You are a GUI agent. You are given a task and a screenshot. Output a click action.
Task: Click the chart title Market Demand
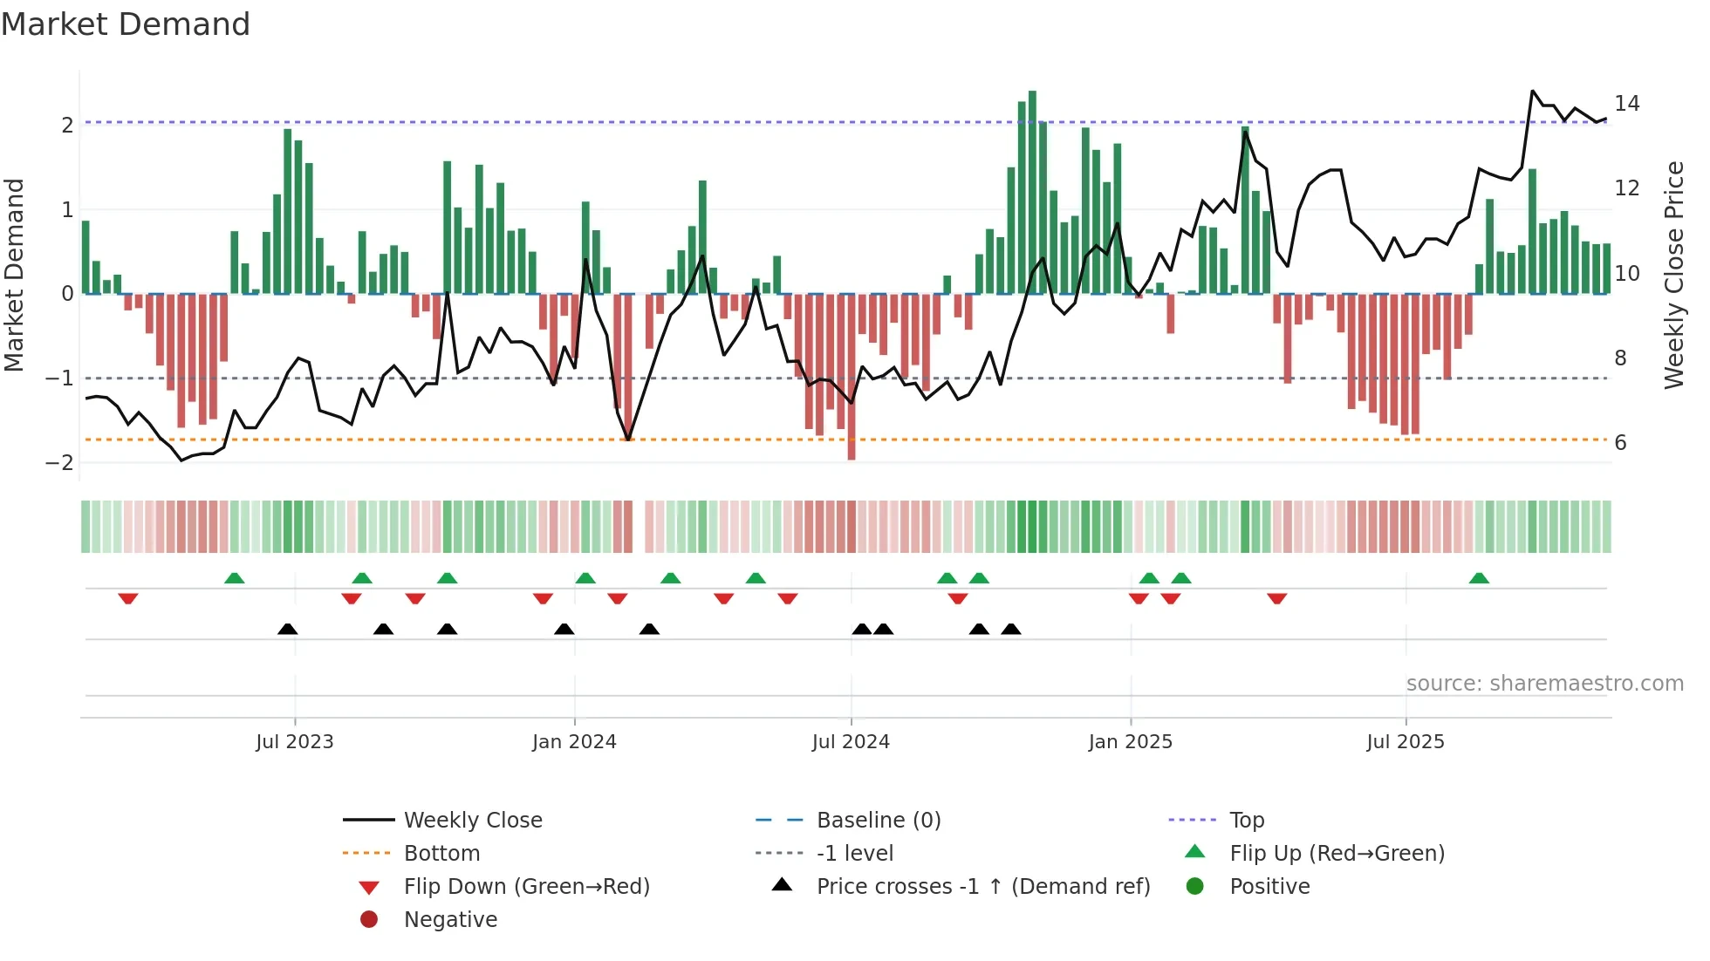(126, 24)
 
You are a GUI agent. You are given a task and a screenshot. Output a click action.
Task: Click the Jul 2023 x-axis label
(295, 742)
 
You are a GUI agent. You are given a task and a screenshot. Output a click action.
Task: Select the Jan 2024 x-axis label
(574, 742)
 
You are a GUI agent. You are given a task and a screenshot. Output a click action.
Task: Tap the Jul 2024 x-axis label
(851, 742)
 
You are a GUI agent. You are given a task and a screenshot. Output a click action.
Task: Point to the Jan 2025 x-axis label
(1131, 742)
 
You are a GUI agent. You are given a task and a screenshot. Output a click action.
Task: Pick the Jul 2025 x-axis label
(1406, 742)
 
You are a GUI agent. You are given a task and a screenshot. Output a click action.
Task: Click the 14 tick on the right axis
(1627, 104)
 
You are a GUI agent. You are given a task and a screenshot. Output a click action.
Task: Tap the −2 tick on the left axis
(59, 463)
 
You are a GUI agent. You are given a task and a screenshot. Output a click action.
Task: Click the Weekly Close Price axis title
(1674, 275)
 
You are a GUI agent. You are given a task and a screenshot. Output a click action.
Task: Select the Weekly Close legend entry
(473, 821)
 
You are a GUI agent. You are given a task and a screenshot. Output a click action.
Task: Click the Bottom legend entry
(441, 854)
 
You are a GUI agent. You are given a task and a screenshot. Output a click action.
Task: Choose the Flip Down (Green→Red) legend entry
(526, 887)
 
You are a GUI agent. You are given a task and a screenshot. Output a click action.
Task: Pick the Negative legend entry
(450, 920)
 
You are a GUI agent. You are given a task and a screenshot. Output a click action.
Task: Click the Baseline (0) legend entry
(879, 821)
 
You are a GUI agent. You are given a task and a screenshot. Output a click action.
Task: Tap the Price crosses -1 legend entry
(983, 887)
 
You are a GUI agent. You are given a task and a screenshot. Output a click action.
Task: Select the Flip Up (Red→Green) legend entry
(1337, 854)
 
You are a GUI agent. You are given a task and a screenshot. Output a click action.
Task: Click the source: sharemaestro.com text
(1544, 684)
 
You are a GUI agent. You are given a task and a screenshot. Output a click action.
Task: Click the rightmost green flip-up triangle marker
(1479, 578)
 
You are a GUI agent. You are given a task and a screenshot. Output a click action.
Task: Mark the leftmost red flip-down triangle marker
(128, 599)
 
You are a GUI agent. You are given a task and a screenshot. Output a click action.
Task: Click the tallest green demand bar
(1032, 192)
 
